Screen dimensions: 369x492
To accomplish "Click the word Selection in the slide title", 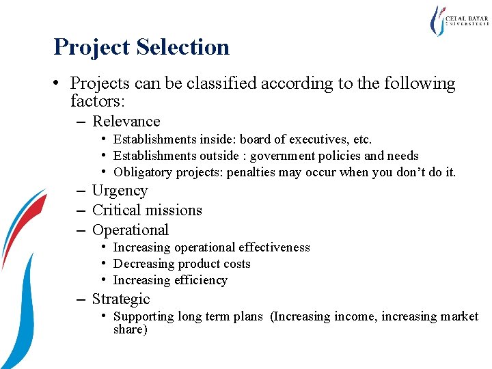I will click(182, 47).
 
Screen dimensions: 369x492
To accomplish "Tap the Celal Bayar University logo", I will click(458, 21).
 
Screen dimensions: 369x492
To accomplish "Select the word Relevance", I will click(126, 122).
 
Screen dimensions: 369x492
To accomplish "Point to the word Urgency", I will click(120, 191).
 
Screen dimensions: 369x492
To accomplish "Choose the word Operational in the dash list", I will click(130, 230).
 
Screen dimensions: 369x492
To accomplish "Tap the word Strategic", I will click(120, 299).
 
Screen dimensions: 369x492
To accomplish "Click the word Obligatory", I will click(142, 172).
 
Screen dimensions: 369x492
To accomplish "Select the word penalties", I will click(254, 172).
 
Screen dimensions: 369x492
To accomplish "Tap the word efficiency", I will click(200, 280).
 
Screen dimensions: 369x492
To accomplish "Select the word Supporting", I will click(143, 316).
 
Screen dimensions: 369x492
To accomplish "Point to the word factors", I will click(96, 101).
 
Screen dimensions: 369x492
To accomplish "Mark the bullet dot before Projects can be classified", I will click(61, 83).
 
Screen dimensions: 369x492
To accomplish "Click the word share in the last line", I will click(130, 329).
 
